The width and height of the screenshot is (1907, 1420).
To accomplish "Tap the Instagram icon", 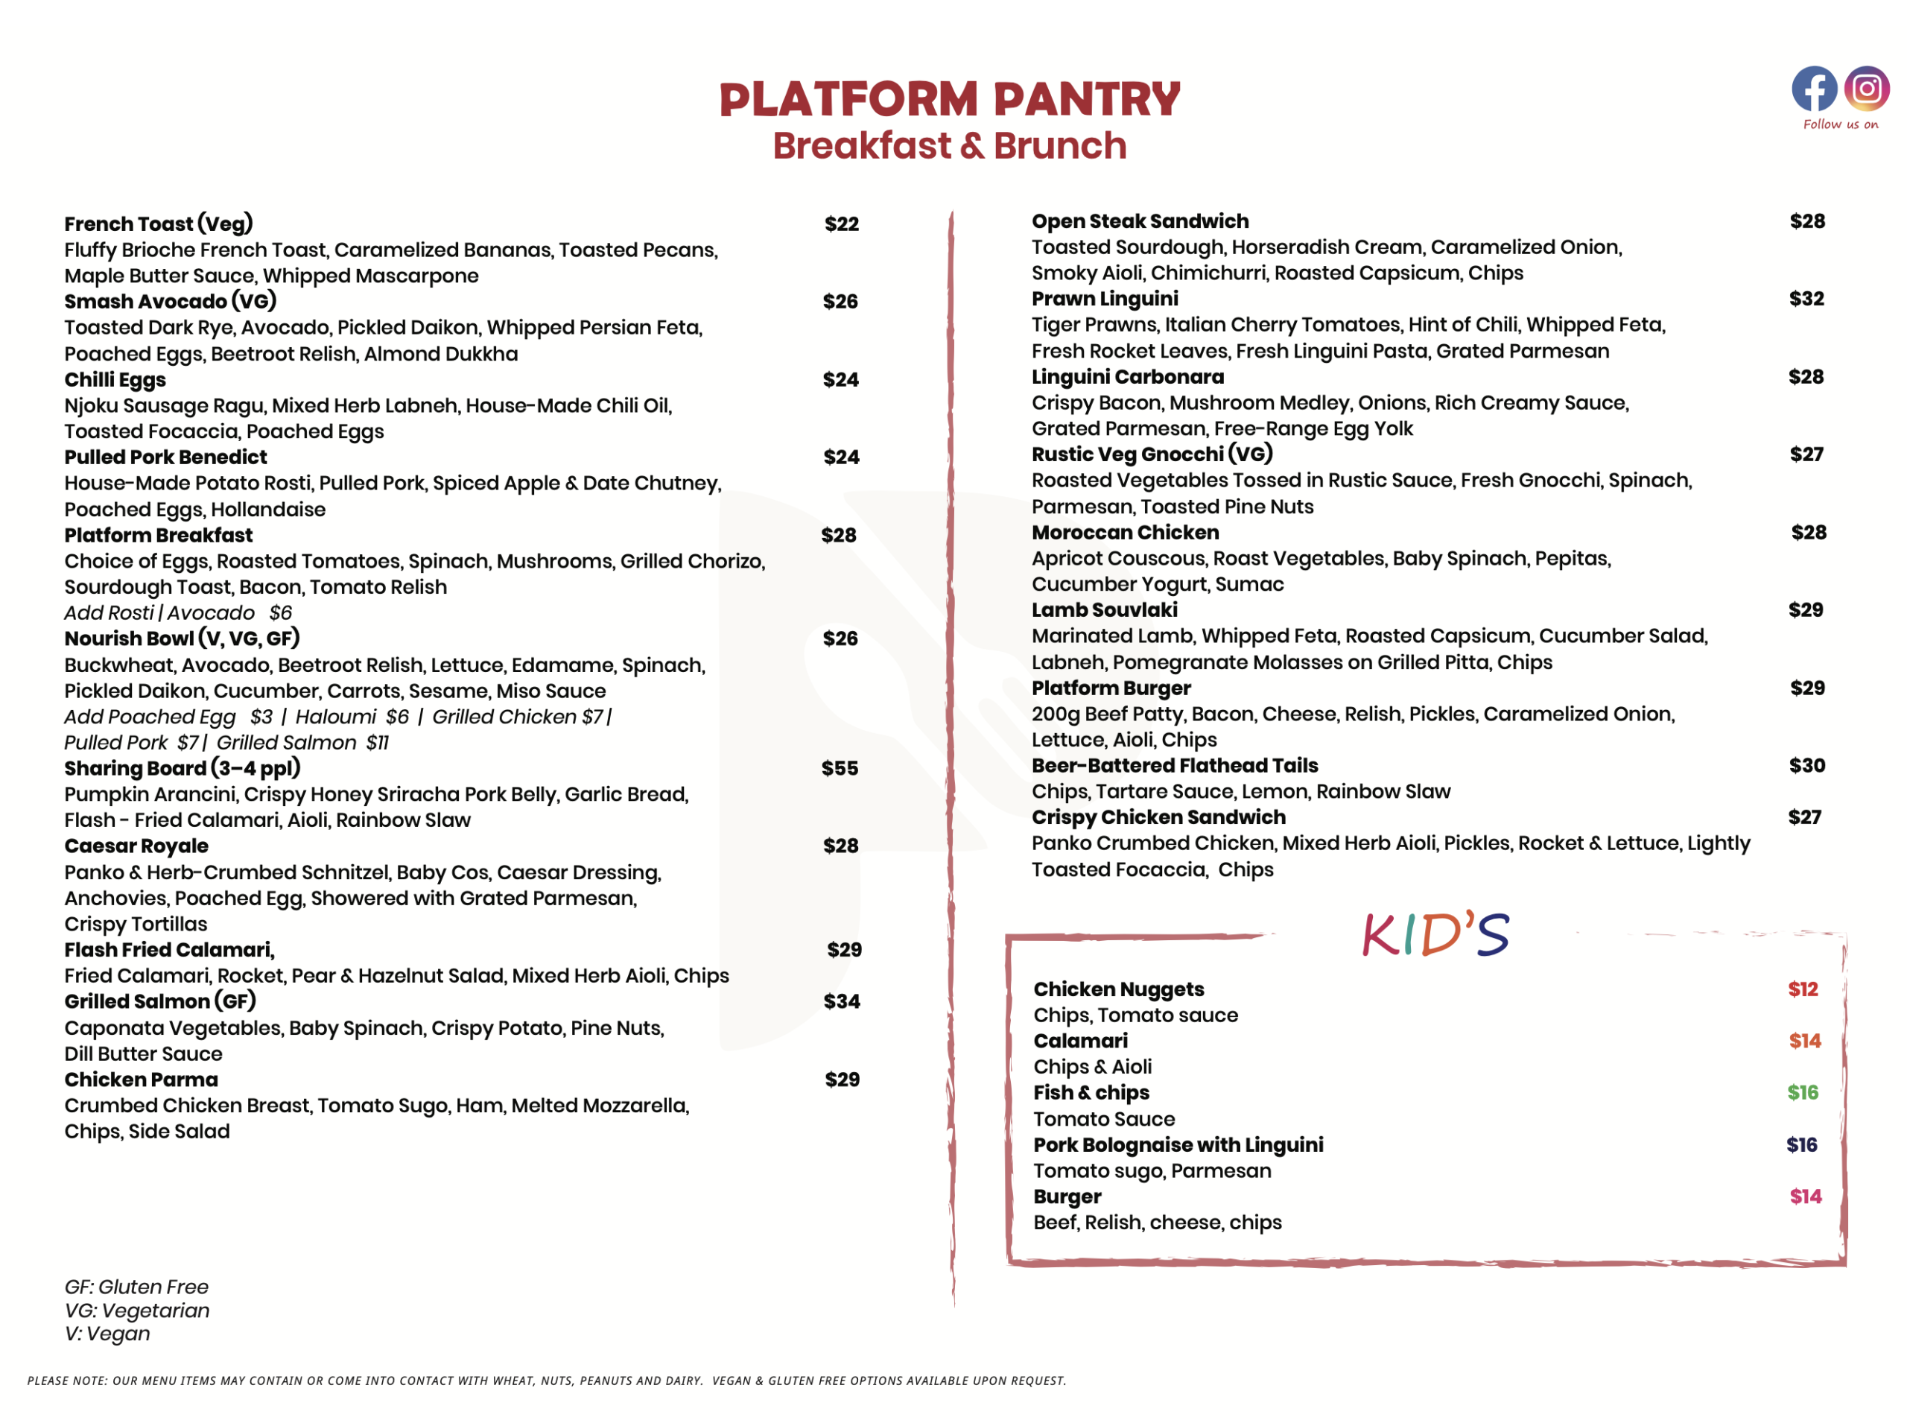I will pos(1866,88).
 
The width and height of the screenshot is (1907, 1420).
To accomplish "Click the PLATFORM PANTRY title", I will pos(949,99).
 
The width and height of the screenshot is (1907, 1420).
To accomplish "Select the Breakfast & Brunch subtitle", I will pos(949,146).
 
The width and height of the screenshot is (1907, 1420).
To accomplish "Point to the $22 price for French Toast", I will pos(841,224).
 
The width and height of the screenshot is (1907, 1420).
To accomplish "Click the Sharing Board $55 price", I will pos(840,768).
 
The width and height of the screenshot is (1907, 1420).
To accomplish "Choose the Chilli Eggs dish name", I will pos(115,380).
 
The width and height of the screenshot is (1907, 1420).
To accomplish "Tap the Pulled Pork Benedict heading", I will pos(166,457).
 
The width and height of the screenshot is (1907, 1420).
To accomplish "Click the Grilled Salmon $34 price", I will pos(841,1001).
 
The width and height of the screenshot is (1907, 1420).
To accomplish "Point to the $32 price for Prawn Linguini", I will pos(1806,299).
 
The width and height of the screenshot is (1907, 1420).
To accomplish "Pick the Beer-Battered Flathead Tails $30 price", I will pos(1806,766).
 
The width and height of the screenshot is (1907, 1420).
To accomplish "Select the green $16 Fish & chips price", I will pos(1803,1092).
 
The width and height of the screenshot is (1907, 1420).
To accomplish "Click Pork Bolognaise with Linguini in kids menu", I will pos(1178,1145).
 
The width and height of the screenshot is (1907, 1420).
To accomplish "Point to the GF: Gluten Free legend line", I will pos(136,1287).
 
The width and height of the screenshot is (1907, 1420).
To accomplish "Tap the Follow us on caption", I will pos(1840,124).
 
